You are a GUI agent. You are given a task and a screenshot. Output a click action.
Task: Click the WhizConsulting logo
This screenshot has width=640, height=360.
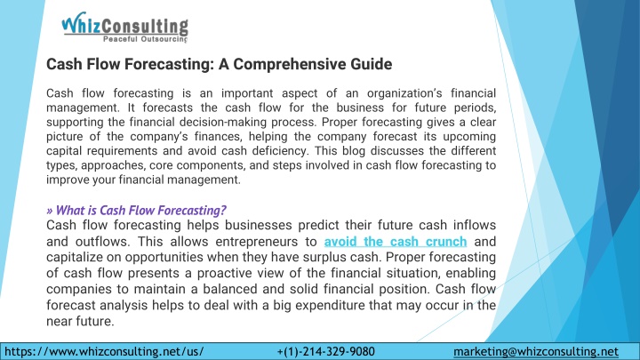coord(125,27)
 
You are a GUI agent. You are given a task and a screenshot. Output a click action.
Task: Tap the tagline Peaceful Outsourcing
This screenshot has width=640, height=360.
coord(145,39)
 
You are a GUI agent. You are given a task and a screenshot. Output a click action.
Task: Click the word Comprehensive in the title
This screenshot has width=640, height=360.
coord(290,64)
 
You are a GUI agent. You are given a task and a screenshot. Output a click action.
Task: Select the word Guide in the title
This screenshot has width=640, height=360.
coord(371,64)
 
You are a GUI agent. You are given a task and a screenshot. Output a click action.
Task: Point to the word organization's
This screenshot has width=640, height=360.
coord(404,93)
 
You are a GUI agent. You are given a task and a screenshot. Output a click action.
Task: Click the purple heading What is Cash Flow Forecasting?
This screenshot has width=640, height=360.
coord(136,210)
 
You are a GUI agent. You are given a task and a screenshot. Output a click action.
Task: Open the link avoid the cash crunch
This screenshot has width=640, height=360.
coord(396,242)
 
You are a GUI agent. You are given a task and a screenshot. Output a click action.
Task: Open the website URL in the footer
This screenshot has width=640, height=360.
coord(104,351)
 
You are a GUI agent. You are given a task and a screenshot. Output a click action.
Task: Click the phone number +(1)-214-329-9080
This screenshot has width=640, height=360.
coord(325,351)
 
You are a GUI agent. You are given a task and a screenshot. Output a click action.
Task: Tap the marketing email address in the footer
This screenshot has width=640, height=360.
coord(536,351)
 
